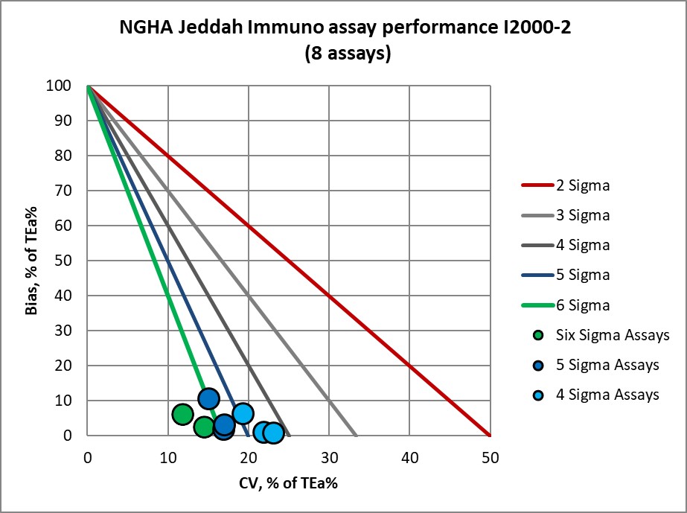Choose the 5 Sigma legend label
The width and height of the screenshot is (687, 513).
584,275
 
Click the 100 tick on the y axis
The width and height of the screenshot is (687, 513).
63,86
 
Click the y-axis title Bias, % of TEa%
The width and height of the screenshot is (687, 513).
31,261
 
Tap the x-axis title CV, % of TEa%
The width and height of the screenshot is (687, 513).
289,482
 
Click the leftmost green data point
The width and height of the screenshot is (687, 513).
182,414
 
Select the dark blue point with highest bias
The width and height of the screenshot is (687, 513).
208,398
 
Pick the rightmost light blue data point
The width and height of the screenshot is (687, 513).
273,433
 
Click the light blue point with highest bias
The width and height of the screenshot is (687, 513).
243,413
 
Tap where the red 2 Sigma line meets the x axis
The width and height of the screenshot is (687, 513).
490,436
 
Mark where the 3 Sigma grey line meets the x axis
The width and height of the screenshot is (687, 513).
356,436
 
